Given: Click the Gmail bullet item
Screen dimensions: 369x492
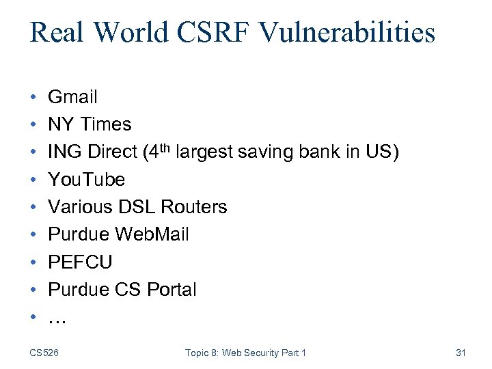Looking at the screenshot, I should (x=72, y=97).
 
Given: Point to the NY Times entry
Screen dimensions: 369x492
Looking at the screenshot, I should (x=90, y=124).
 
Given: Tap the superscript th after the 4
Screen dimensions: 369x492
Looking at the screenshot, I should (x=164, y=147).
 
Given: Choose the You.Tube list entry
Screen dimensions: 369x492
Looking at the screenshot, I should (x=86, y=180).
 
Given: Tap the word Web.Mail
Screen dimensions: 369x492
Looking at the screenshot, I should (x=152, y=234).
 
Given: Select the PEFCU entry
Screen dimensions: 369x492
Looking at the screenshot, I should (x=80, y=262).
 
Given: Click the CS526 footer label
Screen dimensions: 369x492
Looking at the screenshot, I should (x=44, y=353).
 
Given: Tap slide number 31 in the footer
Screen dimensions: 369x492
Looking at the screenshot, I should (x=460, y=353).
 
